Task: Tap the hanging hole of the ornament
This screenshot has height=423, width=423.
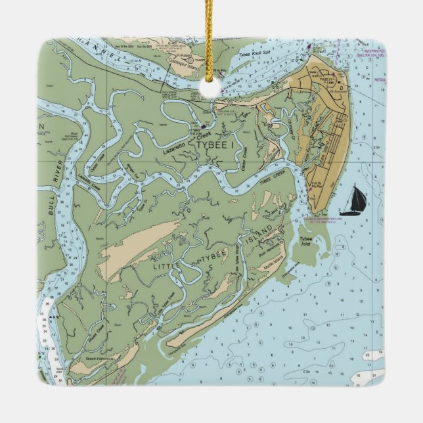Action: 212,92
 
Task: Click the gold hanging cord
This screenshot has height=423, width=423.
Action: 212,39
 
